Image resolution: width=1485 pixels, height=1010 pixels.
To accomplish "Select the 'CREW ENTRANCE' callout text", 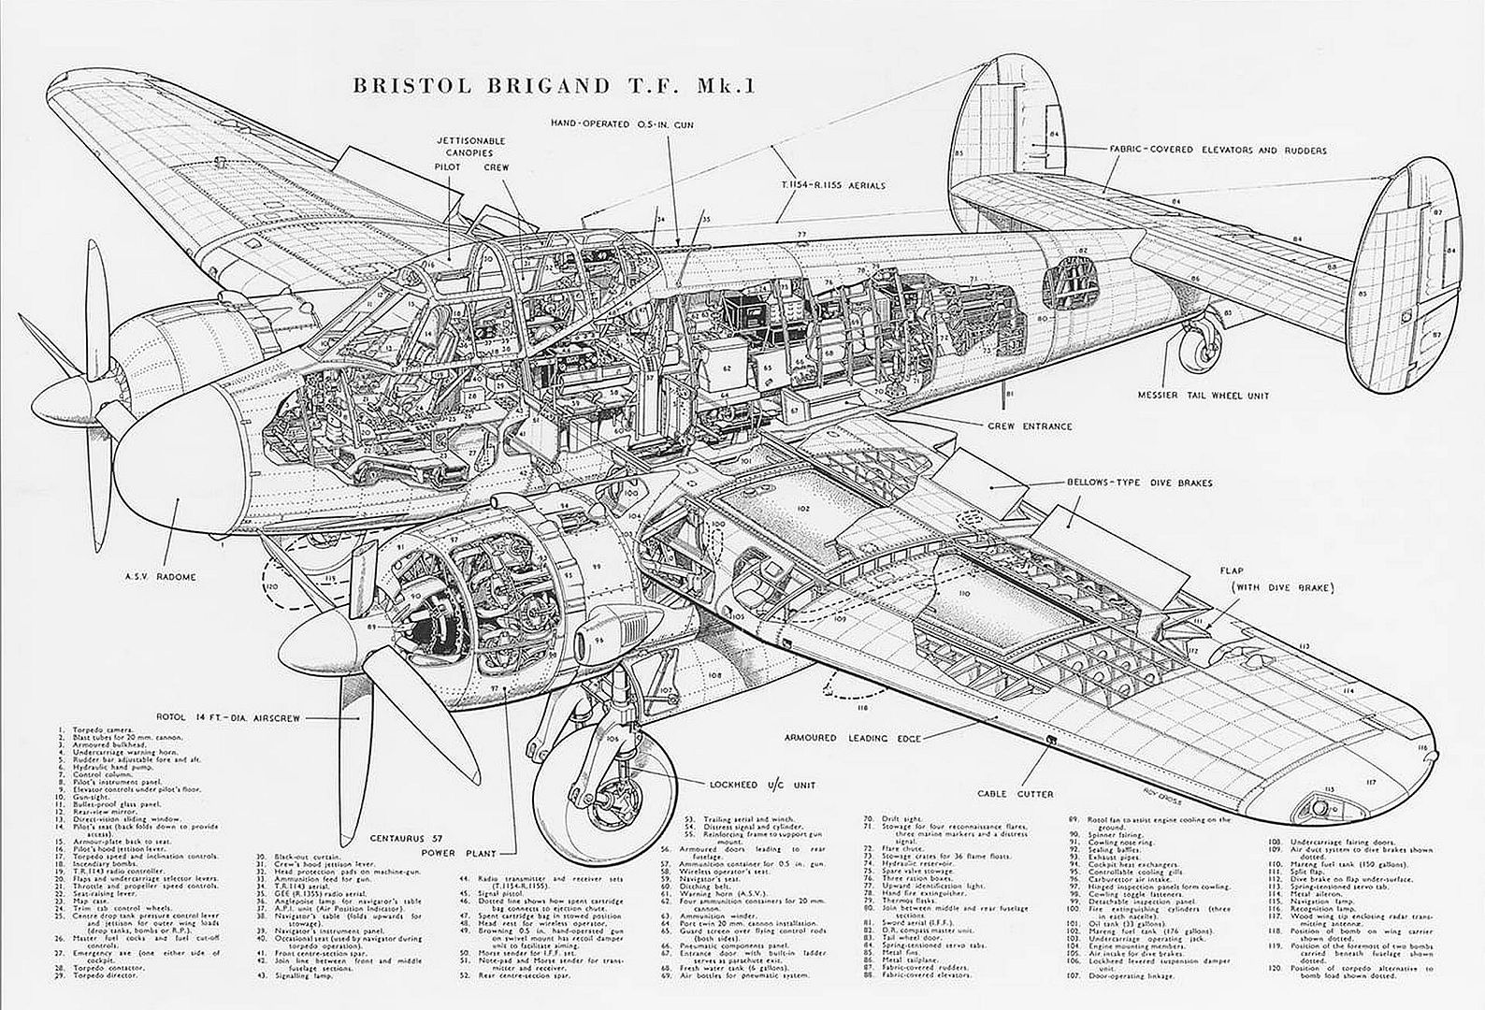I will pos(1030,426).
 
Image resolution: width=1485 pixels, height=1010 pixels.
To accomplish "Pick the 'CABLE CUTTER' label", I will pos(1016,794).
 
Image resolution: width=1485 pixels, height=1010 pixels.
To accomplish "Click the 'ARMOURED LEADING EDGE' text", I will pos(853,738).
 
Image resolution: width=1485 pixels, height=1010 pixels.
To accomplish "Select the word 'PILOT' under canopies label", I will pos(448,167).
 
